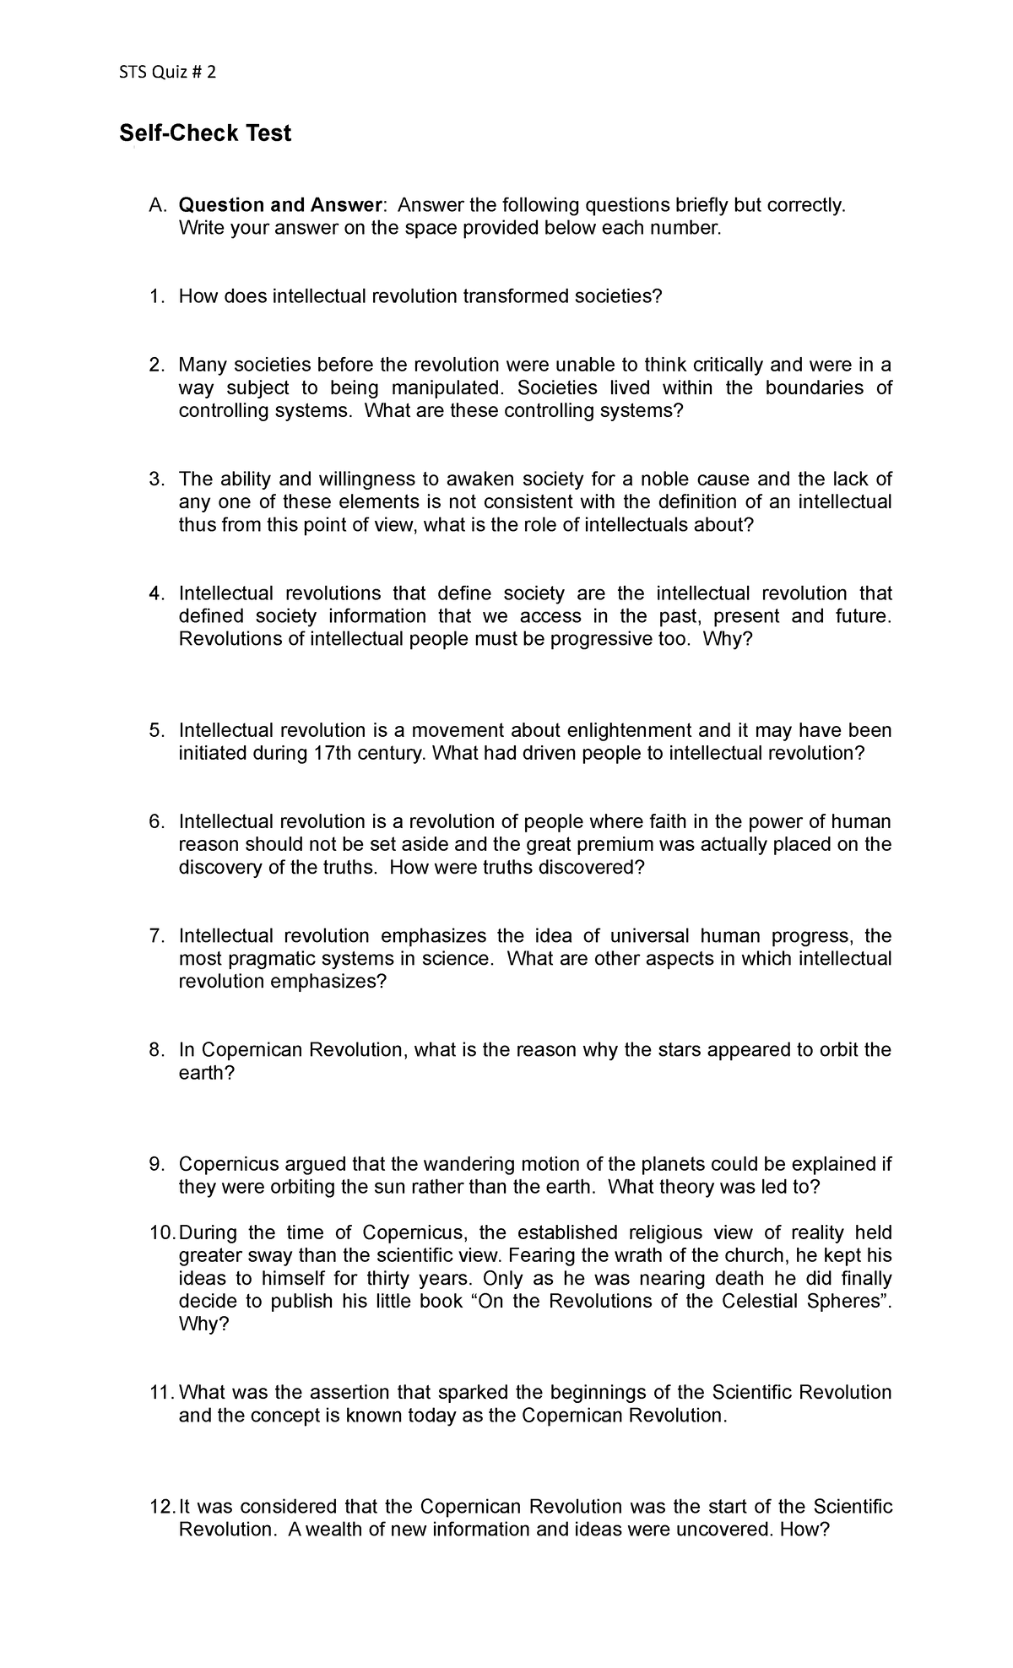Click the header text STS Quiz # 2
(x=167, y=73)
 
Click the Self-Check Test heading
(x=205, y=133)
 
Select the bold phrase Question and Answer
(x=282, y=205)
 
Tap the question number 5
(x=154, y=730)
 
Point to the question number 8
(x=154, y=1050)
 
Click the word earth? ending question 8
(x=206, y=1073)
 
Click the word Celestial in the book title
(x=760, y=1301)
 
